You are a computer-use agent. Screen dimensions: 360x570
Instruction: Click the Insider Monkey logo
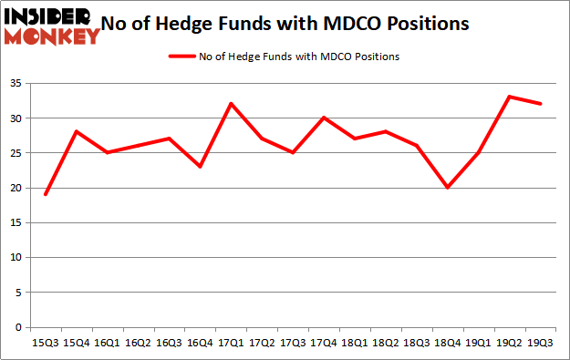[52, 26]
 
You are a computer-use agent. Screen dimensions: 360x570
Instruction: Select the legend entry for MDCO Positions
[285, 57]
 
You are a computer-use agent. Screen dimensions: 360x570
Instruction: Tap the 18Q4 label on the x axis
[446, 344]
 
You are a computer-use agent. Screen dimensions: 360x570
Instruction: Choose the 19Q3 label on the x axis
[540, 344]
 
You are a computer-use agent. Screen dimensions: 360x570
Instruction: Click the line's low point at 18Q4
[446, 188]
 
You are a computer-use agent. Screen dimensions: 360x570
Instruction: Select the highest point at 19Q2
[509, 97]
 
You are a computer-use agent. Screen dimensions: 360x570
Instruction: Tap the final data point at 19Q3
[540, 104]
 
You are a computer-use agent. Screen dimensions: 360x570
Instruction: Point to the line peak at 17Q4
[323, 118]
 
